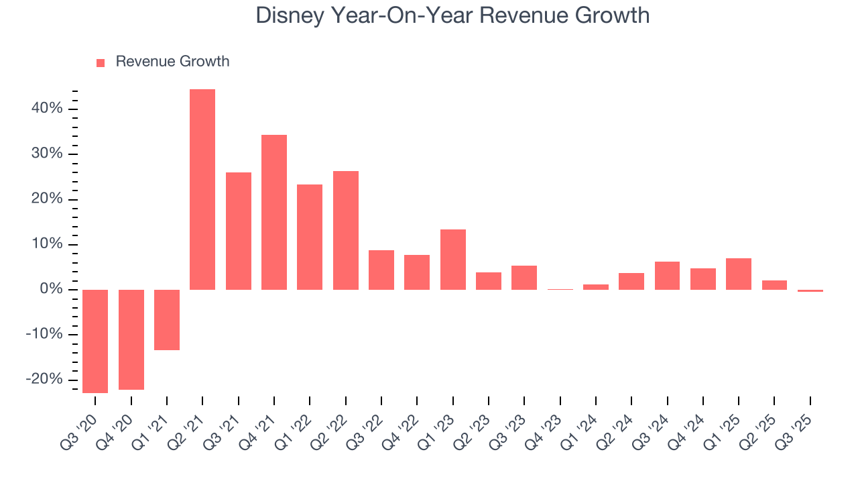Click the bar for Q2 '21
click(202, 189)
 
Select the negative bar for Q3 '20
click(95, 341)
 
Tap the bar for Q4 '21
click(274, 212)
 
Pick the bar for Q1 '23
click(453, 260)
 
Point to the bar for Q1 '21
click(167, 319)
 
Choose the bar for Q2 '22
click(346, 230)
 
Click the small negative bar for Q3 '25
click(810, 291)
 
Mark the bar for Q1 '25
click(739, 274)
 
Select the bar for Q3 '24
click(667, 276)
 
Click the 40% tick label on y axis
click(47, 109)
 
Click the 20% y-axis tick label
click(47, 199)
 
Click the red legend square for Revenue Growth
click(101, 63)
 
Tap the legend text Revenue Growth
click(172, 62)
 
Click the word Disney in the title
click(290, 15)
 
